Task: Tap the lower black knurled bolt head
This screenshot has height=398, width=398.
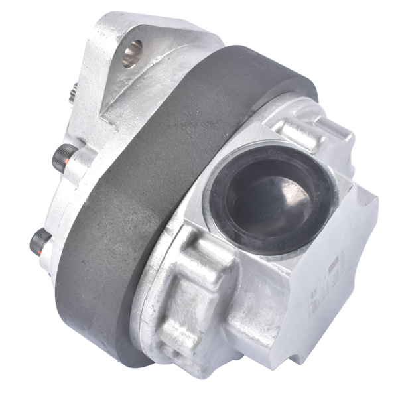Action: coord(39,241)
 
